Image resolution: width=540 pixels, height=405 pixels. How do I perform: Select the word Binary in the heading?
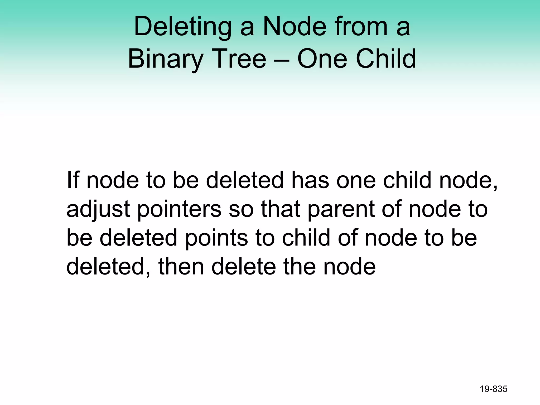[x=165, y=59]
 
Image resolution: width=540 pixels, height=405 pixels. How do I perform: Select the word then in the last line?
[x=181, y=267]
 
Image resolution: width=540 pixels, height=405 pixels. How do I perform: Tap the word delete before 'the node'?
[x=243, y=267]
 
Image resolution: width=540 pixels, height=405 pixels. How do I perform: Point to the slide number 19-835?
[x=493, y=389]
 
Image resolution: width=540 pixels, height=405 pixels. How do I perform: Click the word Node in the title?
[x=295, y=26]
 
